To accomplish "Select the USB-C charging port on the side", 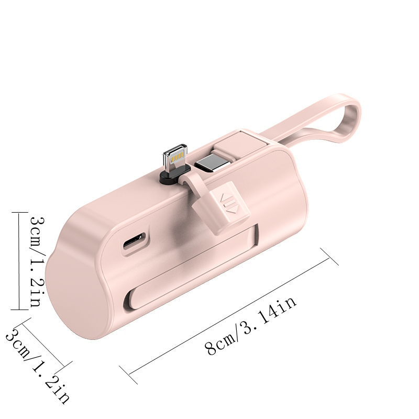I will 134,243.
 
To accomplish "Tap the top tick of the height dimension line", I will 19,212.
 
